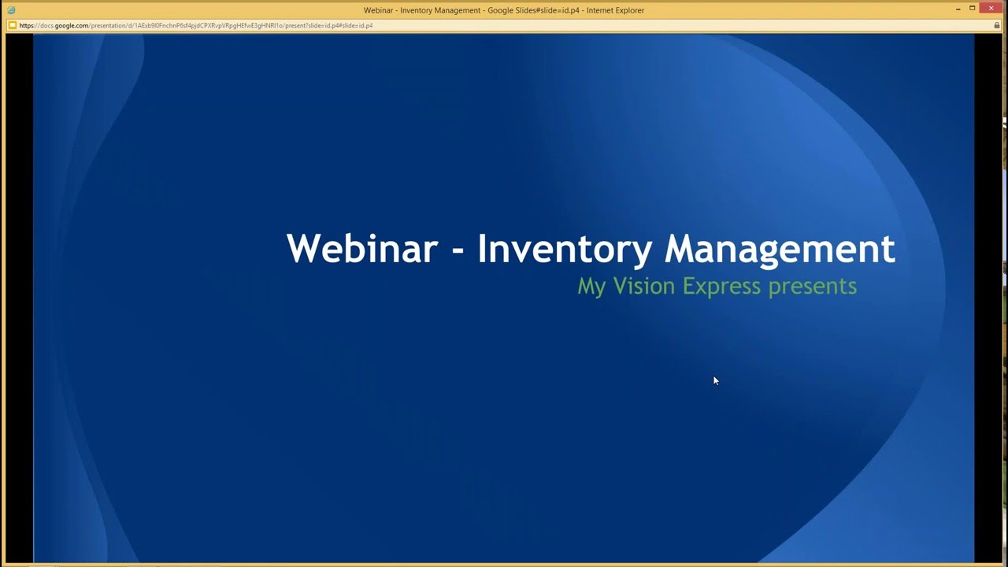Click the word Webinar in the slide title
click(361, 249)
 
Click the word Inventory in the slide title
click(564, 249)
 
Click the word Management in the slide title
click(780, 249)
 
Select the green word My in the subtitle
click(591, 286)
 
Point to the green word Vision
click(643, 285)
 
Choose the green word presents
click(812, 286)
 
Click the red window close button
click(991, 9)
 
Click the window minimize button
click(958, 9)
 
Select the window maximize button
click(973, 9)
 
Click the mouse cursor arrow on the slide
click(715, 380)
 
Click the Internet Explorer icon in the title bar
click(11, 10)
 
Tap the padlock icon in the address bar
click(997, 25)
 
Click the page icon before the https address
click(12, 25)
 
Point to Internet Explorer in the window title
click(614, 10)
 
